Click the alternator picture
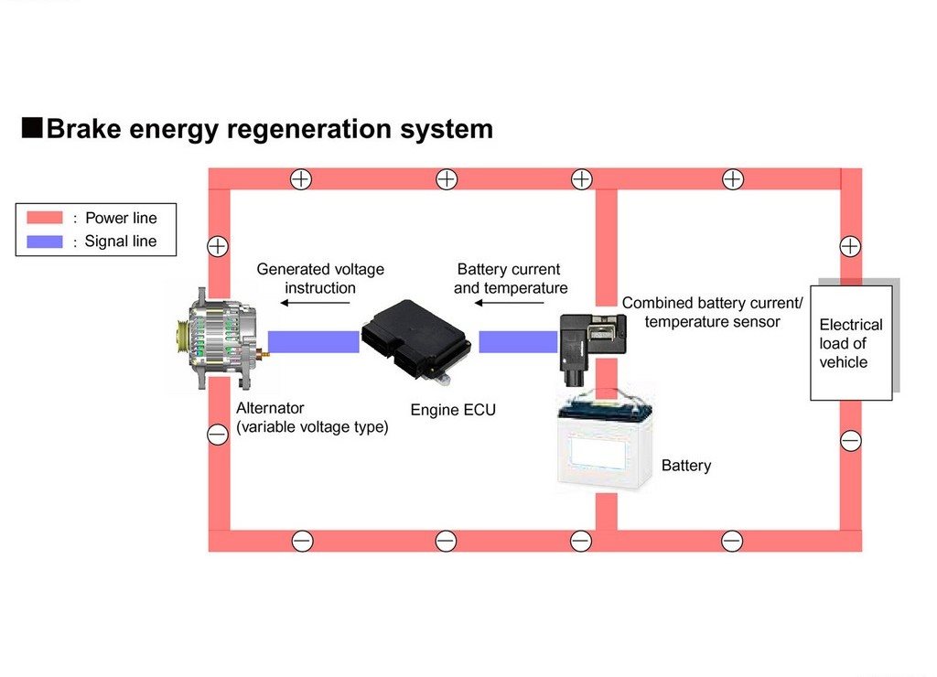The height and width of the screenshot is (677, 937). coord(223,338)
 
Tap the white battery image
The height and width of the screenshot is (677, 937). coord(605,439)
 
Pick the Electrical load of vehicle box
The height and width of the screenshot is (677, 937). coord(851,343)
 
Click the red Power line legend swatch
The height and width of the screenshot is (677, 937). coord(45,218)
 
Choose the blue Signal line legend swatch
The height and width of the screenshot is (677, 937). coord(45,242)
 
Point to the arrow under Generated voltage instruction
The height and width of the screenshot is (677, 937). coord(315,303)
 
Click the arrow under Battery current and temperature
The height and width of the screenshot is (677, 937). coord(509,303)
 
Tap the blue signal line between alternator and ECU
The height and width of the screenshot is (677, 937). coord(314,342)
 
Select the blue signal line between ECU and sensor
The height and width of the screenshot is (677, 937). coord(518,342)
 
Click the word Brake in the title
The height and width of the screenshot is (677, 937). coord(83,129)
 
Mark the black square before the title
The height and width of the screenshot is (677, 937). coord(32,128)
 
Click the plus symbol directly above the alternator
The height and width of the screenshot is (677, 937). coord(218,246)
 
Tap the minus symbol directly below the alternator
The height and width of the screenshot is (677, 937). coord(218,435)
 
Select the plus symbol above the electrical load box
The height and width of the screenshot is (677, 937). coord(850,246)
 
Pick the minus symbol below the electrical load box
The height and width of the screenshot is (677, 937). coord(850,441)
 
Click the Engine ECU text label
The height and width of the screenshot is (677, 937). coord(453,410)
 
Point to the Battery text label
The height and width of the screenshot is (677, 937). coord(686,466)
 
